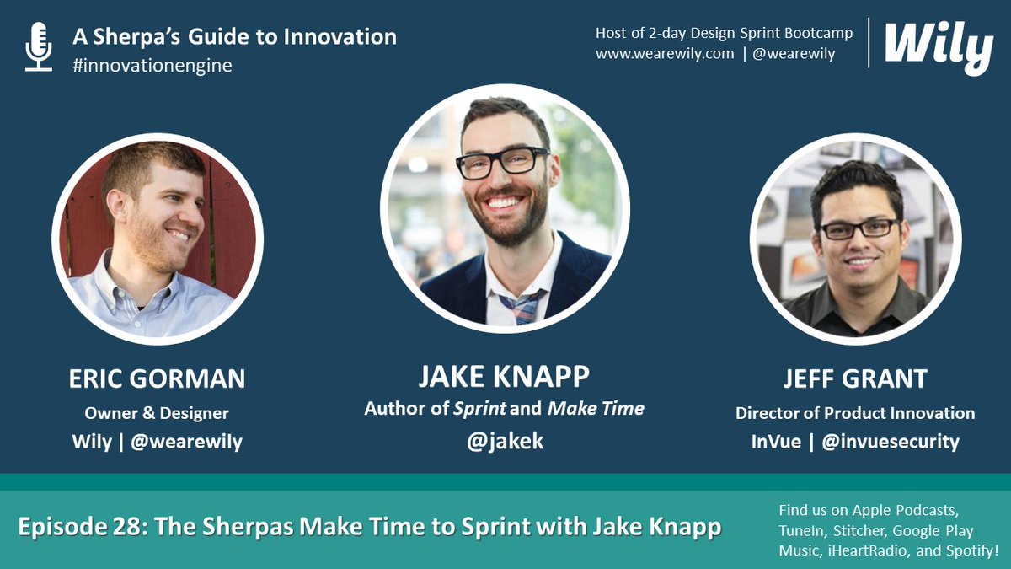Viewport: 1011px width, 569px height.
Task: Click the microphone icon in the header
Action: click(x=38, y=46)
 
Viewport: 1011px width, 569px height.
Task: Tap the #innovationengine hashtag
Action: click(x=152, y=66)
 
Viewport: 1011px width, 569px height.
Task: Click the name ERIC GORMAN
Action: click(x=157, y=379)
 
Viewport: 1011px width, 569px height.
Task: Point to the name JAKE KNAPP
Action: click(x=504, y=373)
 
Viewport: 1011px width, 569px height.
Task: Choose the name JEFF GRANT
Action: click(x=855, y=379)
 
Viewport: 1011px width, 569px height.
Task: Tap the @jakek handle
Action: click(x=504, y=440)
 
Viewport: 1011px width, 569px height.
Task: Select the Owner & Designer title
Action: click(x=157, y=413)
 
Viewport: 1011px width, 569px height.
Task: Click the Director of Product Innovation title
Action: click(x=855, y=413)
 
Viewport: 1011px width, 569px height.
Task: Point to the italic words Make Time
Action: click(x=596, y=409)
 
